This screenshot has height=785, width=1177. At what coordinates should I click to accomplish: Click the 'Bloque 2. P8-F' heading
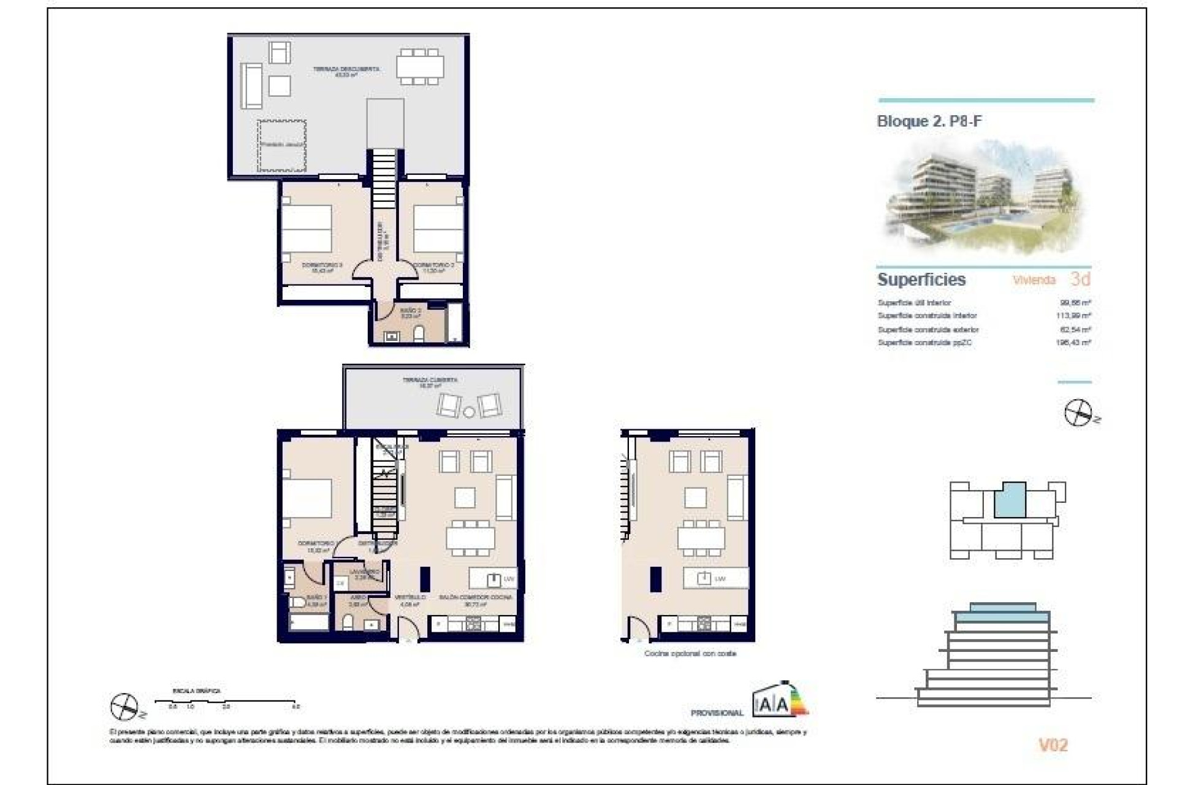(929, 121)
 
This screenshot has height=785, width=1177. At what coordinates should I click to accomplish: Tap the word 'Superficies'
(921, 280)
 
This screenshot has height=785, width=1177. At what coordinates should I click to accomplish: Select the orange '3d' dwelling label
(1080, 279)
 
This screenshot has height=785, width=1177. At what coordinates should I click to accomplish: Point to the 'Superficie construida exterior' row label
(928, 329)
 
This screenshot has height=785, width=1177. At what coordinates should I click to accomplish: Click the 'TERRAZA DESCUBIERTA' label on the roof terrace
(346, 69)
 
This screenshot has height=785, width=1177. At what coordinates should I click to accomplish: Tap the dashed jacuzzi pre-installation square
(281, 145)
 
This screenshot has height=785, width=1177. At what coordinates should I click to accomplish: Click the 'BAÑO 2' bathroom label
(410, 312)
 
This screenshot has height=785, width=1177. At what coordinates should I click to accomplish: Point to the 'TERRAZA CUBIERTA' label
(430, 380)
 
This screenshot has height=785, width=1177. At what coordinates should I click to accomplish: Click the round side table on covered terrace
(469, 412)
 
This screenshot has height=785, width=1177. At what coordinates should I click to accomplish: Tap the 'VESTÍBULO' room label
(409, 597)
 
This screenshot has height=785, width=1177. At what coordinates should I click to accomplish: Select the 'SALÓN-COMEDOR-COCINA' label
(476, 597)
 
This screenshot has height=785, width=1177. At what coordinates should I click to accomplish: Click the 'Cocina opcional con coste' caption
(690, 654)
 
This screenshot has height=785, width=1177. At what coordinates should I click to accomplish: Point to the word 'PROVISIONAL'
(717, 713)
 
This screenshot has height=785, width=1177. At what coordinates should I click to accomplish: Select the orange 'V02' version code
(1053, 745)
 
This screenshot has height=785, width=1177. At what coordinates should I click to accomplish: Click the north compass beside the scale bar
(124, 706)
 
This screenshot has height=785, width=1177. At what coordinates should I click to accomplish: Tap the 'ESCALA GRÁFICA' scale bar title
(196, 691)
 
